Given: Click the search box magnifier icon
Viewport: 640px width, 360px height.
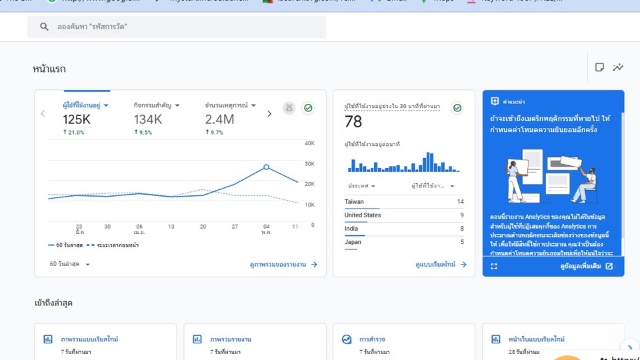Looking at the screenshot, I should (x=44, y=27).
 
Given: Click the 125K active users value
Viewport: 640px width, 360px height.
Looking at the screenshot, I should (x=77, y=119).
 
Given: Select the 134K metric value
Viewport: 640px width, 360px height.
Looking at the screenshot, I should (x=148, y=119).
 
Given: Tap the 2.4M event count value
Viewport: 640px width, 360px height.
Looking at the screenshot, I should (x=219, y=119).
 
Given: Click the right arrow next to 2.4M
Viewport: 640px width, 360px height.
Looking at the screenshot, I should (x=269, y=114).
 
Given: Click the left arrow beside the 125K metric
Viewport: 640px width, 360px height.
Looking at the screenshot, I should (x=43, y=114).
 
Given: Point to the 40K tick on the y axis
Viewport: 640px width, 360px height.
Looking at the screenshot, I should (x=309, y=143).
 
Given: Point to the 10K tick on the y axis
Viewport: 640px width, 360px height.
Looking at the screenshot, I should (x=309, y=205).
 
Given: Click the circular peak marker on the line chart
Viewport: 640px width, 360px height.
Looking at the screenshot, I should (x=266, y=167).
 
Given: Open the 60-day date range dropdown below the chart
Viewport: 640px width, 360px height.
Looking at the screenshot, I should (x=70, y=264).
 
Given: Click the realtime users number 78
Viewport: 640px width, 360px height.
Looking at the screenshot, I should (x=353, y=121).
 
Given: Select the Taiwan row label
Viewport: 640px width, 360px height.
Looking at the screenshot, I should (x=354, y=202).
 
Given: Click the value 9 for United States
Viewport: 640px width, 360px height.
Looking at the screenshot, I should (x=461, y=215).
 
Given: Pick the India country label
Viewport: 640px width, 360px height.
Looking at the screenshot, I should (x=351, y=229).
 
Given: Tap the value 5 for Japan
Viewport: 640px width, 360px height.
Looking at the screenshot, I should (x=461, y=242).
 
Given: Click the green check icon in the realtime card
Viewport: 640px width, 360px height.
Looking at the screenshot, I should (x=457, y=107).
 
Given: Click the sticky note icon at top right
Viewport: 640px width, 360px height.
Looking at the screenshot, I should (x=599, y=67).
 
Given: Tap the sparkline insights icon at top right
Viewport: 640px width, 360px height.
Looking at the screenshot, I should (x=619, y=67).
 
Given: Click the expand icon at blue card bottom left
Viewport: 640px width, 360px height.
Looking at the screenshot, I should (x=494, y=266).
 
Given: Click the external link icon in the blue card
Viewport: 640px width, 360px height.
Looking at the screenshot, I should (x=609, y=266).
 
